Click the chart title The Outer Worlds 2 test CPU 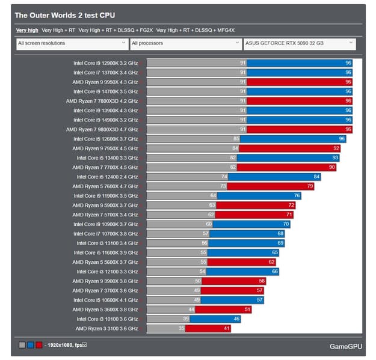point(64,15)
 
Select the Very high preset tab point(27,29)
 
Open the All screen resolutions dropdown point(72,43)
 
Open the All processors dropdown point(186,43)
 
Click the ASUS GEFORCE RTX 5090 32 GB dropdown point(300,43)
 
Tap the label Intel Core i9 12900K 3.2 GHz point(105,63)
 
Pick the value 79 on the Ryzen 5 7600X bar point(310,186)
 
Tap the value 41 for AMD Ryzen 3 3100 point(226,329)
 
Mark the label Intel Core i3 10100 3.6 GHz point(107,319)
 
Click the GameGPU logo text point(345,346)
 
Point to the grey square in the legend point(22,345)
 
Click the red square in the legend point(39,345)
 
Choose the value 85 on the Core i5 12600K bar point(236,139)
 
